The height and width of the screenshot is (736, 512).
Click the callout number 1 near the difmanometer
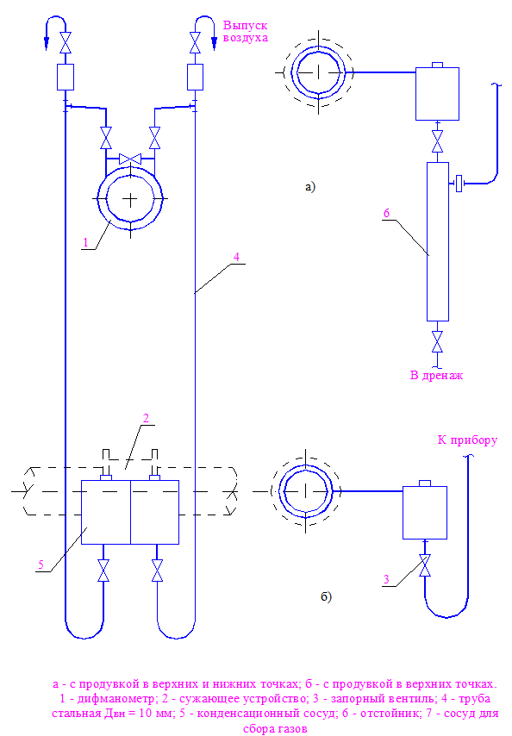85,243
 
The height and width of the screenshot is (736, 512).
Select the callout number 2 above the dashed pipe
146,418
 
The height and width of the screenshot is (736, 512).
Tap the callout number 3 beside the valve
386,579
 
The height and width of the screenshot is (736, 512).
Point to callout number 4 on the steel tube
236,257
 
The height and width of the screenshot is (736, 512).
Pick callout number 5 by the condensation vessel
41,564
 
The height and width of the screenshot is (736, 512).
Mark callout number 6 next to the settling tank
386,213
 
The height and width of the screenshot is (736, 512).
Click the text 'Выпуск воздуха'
246,31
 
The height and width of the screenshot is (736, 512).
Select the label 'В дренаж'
436,376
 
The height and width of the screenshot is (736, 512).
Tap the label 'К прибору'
467,440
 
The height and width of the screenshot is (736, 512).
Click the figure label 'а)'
310,187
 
